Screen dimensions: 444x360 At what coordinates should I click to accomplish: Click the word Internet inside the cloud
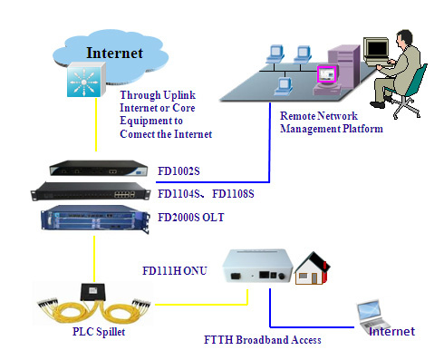click(114, 53)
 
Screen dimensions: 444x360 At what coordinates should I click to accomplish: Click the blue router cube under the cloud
click(86, 80)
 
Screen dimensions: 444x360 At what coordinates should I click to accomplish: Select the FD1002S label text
click(179, 171)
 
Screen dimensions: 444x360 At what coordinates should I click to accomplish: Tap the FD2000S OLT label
click(191, 218)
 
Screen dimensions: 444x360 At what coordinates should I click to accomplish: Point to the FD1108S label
click(233, 194)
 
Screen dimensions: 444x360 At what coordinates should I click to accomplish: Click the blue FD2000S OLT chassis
click(95, 219)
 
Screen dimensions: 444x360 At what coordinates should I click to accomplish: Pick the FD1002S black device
click(99, 168)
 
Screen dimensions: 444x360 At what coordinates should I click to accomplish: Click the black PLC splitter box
click(92, 292)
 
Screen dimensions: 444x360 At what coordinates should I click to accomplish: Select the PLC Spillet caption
click(99, 332)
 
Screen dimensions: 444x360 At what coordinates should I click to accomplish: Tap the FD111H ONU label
click(175, 270)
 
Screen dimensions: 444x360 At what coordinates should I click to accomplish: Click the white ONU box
click(257, 266)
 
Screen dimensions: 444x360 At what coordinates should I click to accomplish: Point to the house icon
click(313, 268)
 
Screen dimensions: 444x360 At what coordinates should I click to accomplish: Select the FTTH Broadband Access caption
click(263, 340)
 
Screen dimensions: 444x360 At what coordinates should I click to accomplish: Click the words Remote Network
click(319, 116)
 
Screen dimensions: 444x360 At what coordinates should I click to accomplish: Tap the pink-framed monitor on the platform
click(326, 74)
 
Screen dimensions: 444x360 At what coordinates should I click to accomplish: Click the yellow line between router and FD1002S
click(96, 124)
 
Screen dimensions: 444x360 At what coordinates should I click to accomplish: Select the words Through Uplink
click(158, 95)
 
